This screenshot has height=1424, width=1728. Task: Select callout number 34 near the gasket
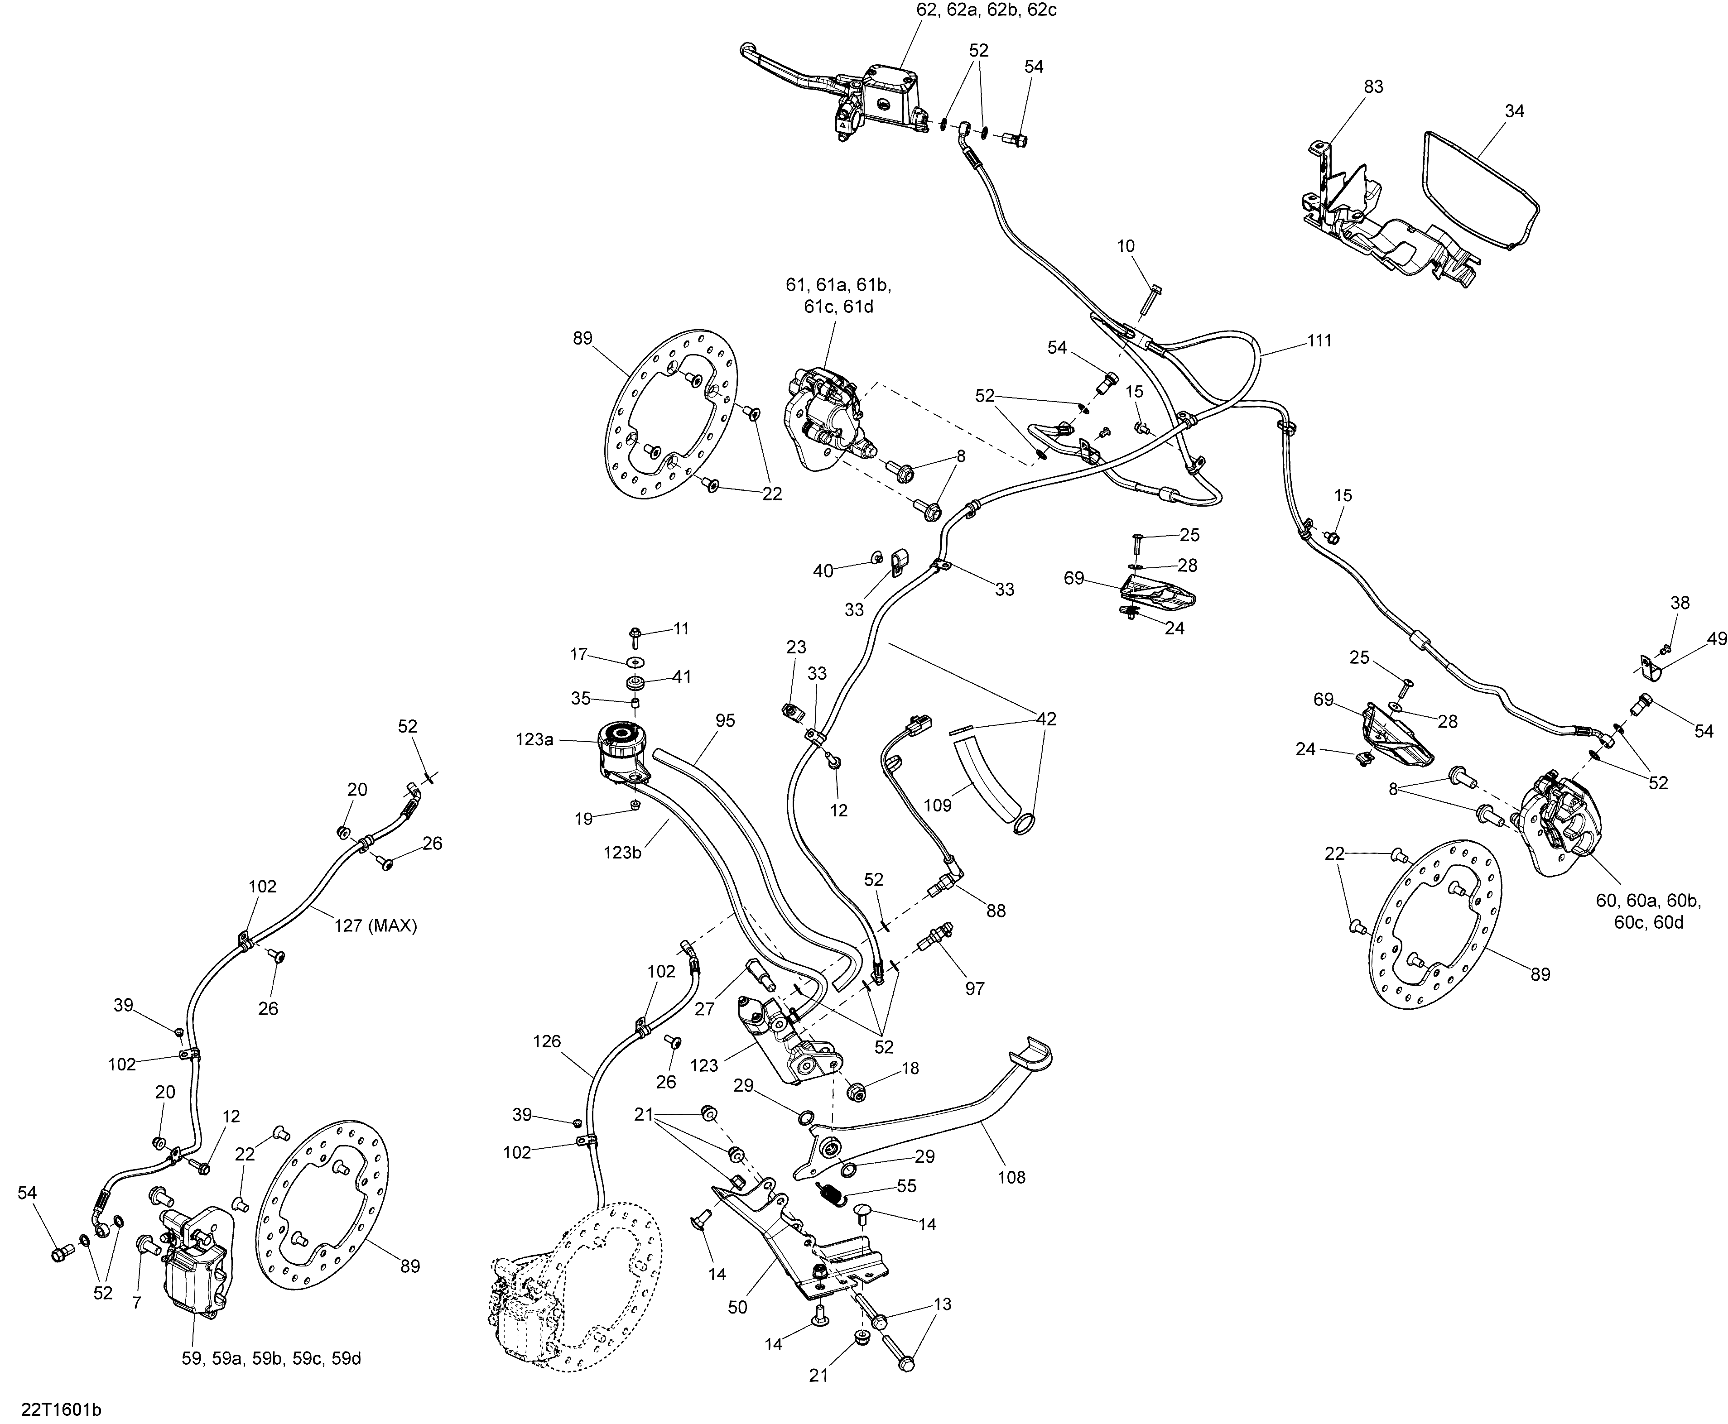1515,111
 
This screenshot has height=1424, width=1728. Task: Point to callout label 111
1319,340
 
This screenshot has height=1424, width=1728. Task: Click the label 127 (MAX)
376,926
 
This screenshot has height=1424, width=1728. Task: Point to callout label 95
725,721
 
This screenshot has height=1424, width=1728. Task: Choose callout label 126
546,1042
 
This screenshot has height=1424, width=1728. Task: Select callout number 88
996,911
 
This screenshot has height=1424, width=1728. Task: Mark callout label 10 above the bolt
1126,246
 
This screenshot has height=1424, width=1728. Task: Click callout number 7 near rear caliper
137,1303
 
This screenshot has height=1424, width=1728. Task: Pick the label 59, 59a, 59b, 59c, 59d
272,1358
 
